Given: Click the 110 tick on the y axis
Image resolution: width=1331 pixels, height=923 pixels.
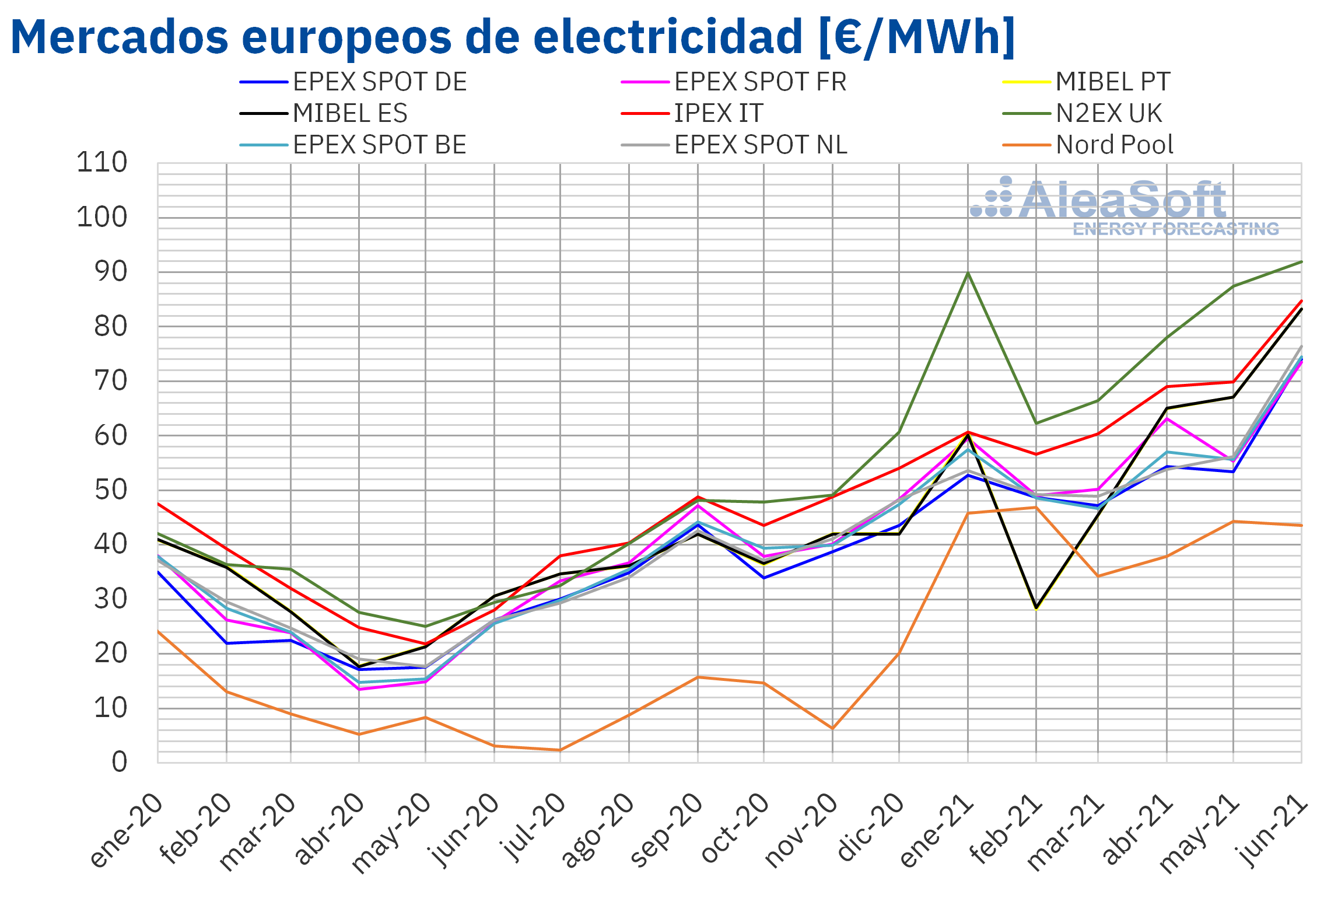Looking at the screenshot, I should (102, 163).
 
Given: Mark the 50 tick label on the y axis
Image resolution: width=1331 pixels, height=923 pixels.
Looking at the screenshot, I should (110, 490).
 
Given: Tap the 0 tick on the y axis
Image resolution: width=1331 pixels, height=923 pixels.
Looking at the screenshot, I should (120, 763).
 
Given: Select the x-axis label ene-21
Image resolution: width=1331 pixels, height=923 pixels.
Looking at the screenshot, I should (936, 831).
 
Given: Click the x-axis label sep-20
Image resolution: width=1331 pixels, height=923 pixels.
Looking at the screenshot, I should (667, 831).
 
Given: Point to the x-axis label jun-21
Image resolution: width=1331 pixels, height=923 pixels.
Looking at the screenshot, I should (1272, 831).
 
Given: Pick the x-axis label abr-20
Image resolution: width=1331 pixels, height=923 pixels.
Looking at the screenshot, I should (328, 831).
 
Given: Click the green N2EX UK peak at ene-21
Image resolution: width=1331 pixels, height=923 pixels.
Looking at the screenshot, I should (968, 273).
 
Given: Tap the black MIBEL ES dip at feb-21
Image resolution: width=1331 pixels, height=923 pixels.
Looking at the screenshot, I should (1036, 608).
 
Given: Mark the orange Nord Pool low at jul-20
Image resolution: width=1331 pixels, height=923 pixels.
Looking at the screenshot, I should (560, 750).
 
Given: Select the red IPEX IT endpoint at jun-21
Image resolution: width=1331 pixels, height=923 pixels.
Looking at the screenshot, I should (1301, 301).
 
